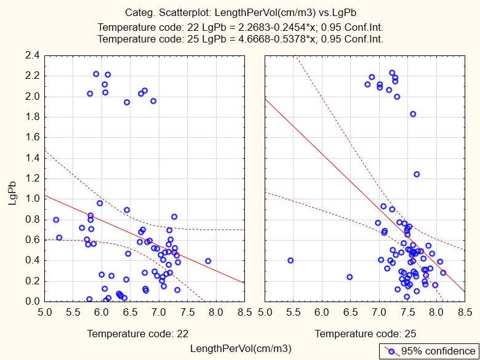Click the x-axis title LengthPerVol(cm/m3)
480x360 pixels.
241,349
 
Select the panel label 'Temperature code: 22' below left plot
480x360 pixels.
129,334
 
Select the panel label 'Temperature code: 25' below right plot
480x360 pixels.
358,334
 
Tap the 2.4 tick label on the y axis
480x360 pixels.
33,55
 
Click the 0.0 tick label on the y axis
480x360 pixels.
33,302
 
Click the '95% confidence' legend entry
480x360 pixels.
427,351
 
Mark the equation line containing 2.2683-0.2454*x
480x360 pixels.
241,27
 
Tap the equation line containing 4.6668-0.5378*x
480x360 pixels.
241,38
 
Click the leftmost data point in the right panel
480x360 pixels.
290,260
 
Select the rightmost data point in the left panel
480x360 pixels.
208,261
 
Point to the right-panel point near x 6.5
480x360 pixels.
350,277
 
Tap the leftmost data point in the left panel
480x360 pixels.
56,220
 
